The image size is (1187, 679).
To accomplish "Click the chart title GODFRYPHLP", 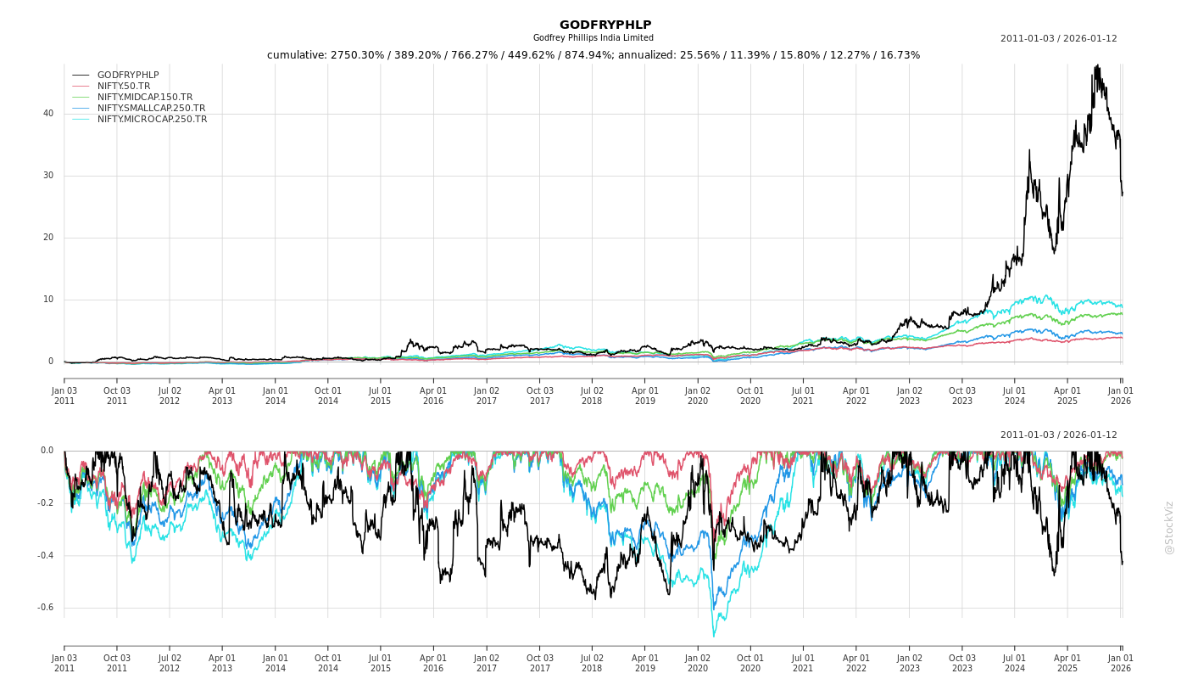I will (605, 25).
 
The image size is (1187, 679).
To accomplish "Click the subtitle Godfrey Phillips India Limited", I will (593, 38).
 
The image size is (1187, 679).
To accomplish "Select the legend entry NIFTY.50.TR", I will (124, 86).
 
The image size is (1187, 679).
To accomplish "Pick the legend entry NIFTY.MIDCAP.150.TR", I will (145, 97).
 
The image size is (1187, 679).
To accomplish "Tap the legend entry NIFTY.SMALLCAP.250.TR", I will (151, 108).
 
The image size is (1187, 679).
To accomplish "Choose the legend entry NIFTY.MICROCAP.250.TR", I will (152, 119).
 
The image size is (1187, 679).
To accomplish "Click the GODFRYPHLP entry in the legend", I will (128, 75).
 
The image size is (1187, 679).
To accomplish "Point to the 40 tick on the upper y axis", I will (48, 114).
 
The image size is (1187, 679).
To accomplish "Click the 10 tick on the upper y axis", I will (48, 300).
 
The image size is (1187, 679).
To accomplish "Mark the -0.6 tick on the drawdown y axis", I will (46, 608).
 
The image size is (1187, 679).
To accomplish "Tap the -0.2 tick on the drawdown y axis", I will (46, 503).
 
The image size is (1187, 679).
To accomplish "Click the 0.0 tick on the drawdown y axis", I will (47, 451).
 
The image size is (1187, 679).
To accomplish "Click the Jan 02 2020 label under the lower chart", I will (698, 663).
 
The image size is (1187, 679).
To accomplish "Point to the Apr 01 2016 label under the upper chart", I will (433, 396).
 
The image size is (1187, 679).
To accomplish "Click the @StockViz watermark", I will (1169, 527).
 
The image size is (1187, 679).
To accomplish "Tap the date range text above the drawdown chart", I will (1058, 435).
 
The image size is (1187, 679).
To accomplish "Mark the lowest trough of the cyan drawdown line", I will (713, 636).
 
